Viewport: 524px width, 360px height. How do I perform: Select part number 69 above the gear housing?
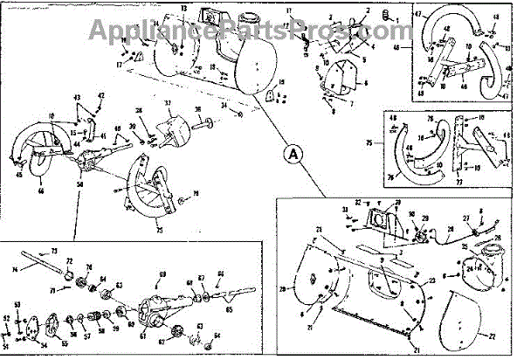tap(161, 275)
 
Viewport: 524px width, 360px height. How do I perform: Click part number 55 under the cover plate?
tap(63, 345)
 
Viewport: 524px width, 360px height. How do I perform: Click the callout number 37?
tap(169, 102)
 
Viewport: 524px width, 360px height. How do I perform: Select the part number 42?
tap(100, 95)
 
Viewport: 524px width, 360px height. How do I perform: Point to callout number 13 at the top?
tap(183, 8)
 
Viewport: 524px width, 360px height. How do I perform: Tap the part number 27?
tap(465, 219)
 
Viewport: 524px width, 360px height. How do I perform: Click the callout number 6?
tap(366, 83)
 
